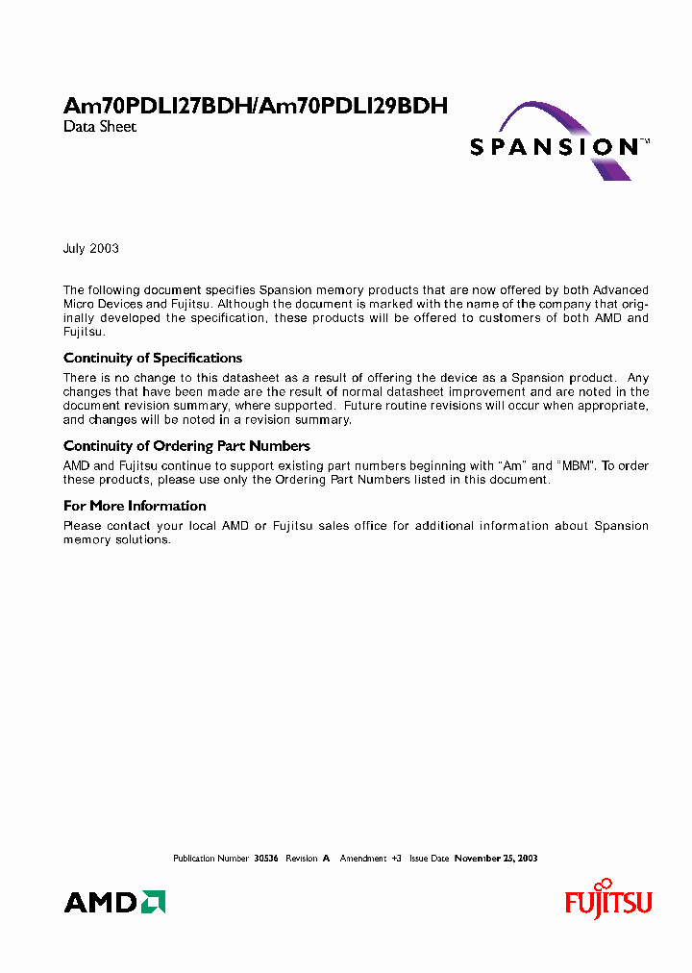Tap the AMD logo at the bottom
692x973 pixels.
coord(114,902)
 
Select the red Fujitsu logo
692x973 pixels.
coord(608,901)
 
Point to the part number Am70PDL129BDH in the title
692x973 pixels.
coord(355,107)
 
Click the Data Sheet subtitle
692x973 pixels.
coord(100,127)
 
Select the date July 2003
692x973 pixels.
coord(91,248)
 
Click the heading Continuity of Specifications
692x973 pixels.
coord(153,359)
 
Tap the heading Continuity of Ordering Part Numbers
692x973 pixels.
coord(186,446)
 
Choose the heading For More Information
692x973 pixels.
coord(135,506)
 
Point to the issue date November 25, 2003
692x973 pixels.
coord(496,859)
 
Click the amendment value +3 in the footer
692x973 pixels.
coord(396,859)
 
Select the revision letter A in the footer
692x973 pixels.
coord(326,859)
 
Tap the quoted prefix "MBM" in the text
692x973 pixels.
coord(577,466)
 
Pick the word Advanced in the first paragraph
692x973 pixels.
coord(621,290)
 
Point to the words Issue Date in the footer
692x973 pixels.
coord(430,859)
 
